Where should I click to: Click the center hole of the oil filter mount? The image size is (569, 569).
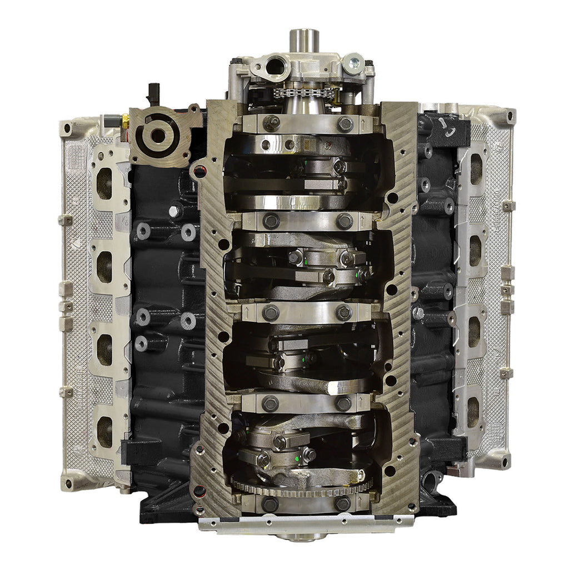[158, 134]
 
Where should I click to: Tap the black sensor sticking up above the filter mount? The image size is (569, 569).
[153, 93]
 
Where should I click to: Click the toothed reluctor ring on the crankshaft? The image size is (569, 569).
[303, 487]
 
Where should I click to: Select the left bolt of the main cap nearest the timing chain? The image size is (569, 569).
[271, 123]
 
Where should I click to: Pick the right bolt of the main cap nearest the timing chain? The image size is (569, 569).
[345, 124]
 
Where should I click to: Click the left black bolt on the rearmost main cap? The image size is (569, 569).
[270, 504]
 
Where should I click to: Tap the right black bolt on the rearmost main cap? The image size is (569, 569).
[343, 504]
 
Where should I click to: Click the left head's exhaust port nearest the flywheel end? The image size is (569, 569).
[104, 431]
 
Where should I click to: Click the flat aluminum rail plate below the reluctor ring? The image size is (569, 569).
[306, 522]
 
